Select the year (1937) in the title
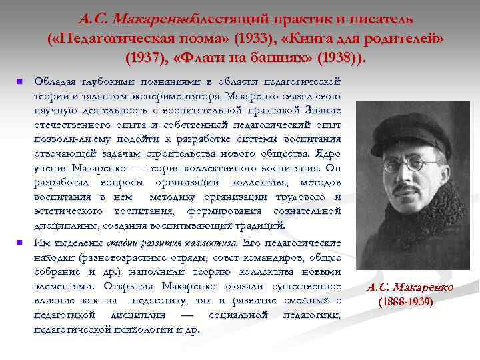click(x=145, y=56)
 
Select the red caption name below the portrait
click(x=409, y=287)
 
